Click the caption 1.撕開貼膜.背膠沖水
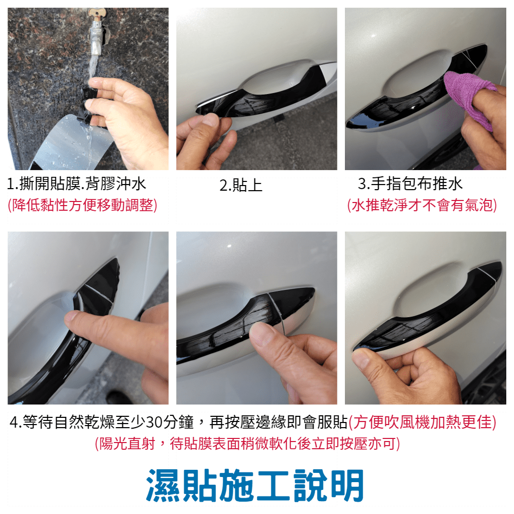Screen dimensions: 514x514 coord(77,184)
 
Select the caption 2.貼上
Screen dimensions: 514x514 coord(241,185)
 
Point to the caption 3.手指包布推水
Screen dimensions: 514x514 coord(410,183)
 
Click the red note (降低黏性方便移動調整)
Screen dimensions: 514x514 coord(82,206)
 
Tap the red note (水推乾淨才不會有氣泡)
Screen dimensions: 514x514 coord(422,206)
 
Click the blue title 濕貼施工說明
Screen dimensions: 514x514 coord(255,486)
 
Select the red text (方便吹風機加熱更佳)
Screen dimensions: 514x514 coord(422,422)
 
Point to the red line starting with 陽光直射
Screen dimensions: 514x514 coord(248,444)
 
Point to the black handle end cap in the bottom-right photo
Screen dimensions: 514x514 coord(490,270)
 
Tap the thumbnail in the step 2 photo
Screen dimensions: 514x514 coord(210,119)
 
